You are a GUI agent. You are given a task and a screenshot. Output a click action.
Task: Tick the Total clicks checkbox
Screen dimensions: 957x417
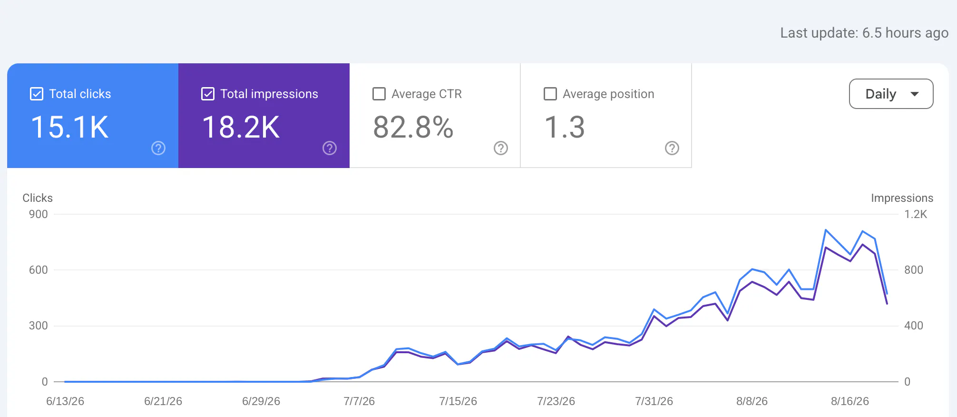click(37, 94)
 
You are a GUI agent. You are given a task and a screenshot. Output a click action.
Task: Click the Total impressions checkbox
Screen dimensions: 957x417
click(208, 94)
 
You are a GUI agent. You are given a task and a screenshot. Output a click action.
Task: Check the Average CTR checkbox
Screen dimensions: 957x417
click(379, 94)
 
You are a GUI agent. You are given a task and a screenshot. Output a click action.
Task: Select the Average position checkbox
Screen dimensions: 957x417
click(550, 94)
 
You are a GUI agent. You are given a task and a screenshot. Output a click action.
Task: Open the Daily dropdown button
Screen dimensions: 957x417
click(891, 94)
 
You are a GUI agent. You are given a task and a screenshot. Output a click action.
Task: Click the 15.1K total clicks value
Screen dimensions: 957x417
click(70, 127)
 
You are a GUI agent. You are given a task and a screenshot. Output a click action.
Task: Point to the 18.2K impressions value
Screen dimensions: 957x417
click(241, 127)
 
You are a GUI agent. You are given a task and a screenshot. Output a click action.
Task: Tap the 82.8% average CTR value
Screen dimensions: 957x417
click(413, 127)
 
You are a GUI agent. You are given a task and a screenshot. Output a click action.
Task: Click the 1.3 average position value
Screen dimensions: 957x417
click(565, 127)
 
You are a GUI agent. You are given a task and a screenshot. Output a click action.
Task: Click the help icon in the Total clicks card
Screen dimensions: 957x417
click(158, 148)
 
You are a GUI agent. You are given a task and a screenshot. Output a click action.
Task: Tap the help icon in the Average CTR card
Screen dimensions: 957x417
click(501, 148)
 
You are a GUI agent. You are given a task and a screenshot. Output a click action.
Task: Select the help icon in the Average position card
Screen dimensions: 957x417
click(672, 148)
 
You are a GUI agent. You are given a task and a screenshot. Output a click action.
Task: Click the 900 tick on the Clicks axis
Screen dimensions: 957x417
click(39, 214)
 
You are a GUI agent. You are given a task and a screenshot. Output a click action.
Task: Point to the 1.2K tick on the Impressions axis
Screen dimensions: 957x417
click(916, 214)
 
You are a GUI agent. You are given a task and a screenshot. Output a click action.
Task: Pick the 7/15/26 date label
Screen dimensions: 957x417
click(458, 401)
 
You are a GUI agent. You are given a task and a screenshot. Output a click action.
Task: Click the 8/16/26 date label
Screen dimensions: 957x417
click(850, 401)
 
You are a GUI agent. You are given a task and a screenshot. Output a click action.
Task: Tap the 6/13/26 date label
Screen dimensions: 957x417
click(65, 401)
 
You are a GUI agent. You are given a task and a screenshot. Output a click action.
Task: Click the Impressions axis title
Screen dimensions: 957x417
click(902, 198)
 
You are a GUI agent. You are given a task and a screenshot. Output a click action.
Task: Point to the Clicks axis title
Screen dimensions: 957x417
click(38, 198)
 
